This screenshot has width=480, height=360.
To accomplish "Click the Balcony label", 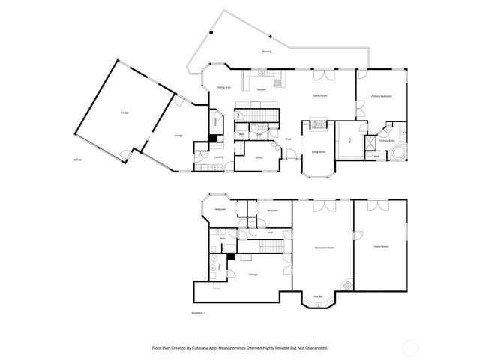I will pos(266,52).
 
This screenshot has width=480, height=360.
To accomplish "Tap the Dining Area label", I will pos(223,88).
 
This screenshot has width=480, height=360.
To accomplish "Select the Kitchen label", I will pos(262,90).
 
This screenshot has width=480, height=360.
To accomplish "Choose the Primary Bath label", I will pos(386,141).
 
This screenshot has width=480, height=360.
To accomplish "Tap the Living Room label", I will pos(319,152).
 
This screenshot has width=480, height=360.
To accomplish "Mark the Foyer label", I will pos(288,139).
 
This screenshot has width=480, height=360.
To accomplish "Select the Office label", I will pos(258,157).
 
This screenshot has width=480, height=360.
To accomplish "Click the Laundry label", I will pos(219,157).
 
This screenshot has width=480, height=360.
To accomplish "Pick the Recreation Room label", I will pos(323,247).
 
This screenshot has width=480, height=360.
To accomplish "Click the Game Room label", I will pos(381,246).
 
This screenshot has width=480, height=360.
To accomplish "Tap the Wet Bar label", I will pos(318,295).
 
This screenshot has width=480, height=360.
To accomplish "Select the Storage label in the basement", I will pos(253,274).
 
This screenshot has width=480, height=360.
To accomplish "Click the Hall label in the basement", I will pos(270,232).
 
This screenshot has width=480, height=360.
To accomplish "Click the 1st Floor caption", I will pos(76,160).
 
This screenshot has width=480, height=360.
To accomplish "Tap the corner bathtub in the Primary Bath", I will pos(397,153).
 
